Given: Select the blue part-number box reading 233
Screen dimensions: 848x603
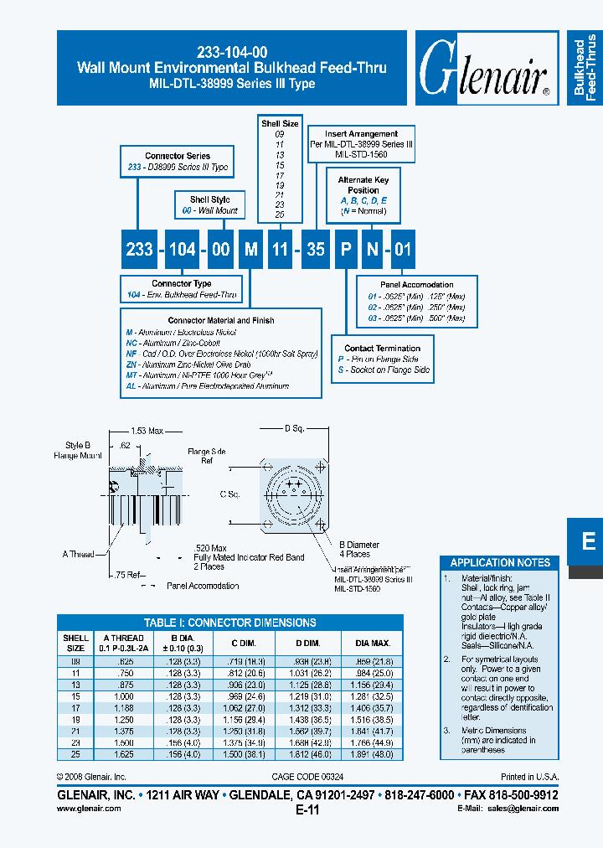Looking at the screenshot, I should click(139, 250).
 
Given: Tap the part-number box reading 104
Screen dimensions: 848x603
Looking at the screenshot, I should click(182, 250).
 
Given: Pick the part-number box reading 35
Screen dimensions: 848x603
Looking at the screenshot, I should click(315, 250).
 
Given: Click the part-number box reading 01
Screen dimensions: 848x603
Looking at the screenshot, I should click(403, 250).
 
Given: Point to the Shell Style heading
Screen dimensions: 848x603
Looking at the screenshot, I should click(210, 199).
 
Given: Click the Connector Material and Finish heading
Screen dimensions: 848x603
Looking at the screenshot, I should click(221, 320).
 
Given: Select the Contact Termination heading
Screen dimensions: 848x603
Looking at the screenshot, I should click(382, 348).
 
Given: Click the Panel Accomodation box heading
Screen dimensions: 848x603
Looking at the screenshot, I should click(416, 285).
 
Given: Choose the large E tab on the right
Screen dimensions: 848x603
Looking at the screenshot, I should click(588, 542).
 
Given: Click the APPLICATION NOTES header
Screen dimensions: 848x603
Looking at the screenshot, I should click(500, 562).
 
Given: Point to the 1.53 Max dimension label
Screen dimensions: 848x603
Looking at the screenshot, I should click(147, 430).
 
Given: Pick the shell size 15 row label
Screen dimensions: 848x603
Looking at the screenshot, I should click(75, 695).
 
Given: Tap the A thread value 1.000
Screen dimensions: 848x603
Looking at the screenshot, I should click(124, 695).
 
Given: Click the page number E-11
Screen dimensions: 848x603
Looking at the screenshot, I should click(307, 810).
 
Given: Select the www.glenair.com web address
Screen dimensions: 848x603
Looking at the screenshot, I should click(89, 809).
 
